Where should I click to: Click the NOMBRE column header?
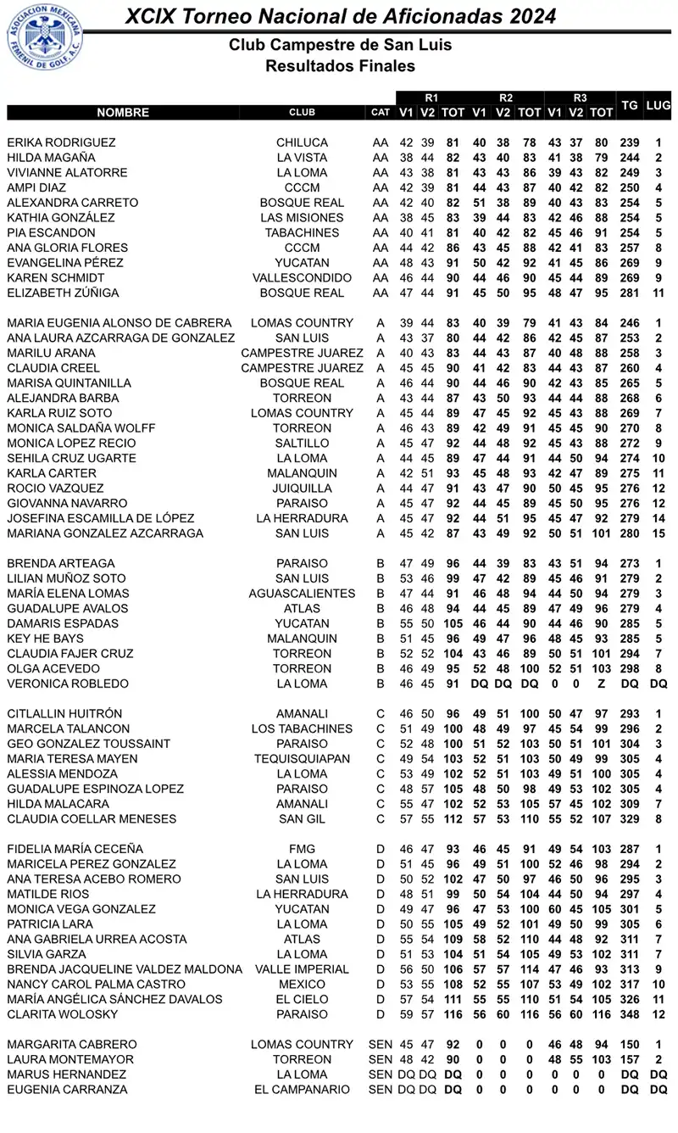click(123, 112)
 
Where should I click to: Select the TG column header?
click(629, 105)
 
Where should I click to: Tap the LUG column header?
click(658, 105)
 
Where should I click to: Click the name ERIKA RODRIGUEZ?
click(61, 142)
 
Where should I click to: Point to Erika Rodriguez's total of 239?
click(629, 142)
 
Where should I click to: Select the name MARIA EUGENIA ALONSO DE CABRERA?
click(119, 323)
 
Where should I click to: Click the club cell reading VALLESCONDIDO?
click(302, 278)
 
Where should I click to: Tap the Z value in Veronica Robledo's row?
click(601, 684)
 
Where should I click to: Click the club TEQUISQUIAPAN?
click(302, 759)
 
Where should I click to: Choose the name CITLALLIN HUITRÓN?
click(64, 714)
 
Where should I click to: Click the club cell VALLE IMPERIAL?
click(302, 969)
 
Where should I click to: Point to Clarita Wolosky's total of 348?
click(629, 1014)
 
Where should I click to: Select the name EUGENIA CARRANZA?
click(67, 1090)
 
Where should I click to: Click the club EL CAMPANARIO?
click(302, 1090)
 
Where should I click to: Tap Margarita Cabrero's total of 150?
click(629, 1045)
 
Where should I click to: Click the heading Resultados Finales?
click(340, 65)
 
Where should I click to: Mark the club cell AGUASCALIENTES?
click(302, 594)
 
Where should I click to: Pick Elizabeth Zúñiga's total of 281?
click(629, 293)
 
